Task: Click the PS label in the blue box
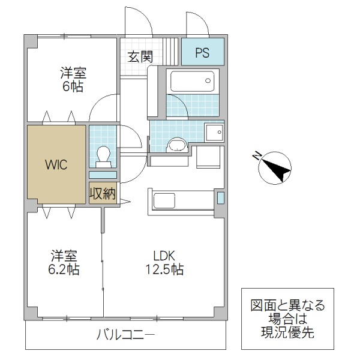[202, 52]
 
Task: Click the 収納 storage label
[103, 193]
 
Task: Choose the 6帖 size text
[73, 86]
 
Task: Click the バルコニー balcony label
[125, 334]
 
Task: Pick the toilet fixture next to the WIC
[103, 155]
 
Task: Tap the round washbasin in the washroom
[177, 144]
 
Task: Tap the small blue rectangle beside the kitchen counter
[220, 197]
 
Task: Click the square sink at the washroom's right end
[214, 131]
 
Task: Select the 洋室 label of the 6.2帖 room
[64, 254]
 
